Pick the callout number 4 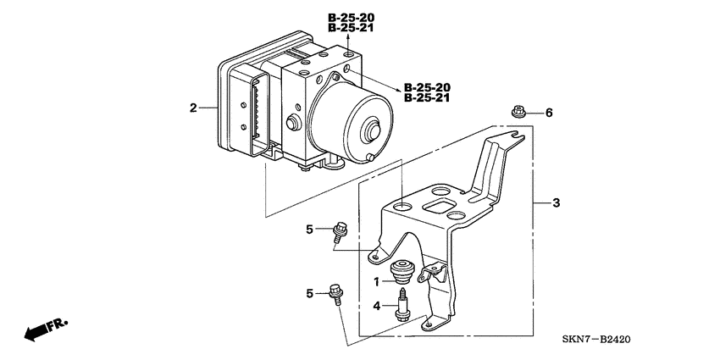378,307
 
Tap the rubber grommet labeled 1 401,274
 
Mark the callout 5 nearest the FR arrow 310,293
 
